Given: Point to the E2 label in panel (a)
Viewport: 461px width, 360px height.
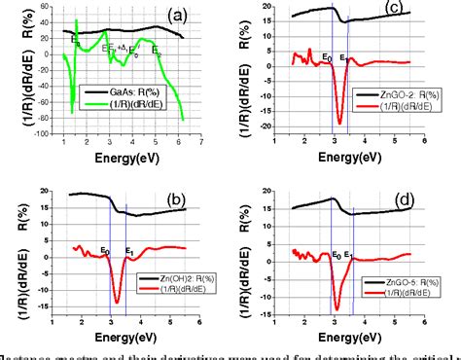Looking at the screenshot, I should (157, 51).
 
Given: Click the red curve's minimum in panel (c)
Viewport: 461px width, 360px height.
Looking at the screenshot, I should (339, 123).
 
